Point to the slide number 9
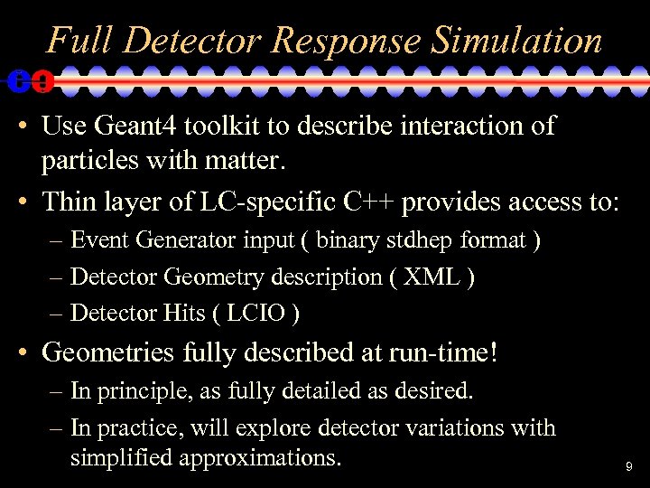[629, 467]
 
